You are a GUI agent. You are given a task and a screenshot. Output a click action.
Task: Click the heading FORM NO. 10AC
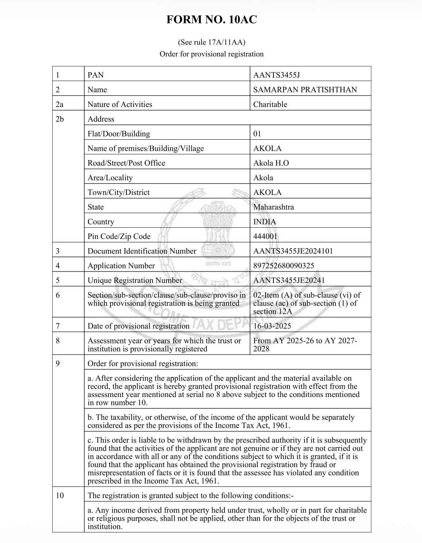tap(211, 20)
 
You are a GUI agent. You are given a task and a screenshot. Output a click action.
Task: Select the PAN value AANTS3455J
tap(276, 75)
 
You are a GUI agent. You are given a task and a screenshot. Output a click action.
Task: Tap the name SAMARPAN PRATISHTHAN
tap(305, 90)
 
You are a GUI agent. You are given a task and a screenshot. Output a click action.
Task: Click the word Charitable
tap(270, 104)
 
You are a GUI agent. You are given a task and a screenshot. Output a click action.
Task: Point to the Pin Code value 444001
tap(265, 236)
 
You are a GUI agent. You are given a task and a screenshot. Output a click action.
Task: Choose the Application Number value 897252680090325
tap(284, 266)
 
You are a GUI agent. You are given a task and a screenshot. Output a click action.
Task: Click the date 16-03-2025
tap(272, 326)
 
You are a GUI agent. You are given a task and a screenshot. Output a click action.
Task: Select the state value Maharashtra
tap(273, 207)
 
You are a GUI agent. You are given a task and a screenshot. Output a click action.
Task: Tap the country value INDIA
tap(265, 222)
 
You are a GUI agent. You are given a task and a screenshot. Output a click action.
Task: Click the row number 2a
tap(60, 104)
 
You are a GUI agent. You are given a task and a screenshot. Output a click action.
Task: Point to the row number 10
tap(60, 496)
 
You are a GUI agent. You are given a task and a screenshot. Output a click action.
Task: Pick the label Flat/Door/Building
tap(119, 134)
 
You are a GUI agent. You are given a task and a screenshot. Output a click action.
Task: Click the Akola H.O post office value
tap(271, 163)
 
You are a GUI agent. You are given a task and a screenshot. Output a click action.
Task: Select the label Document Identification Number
tap(142, 251)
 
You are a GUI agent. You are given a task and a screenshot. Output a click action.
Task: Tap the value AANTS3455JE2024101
tap(293, 251)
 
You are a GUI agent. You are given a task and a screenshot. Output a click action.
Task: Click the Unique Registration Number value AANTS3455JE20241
tap(289, 280)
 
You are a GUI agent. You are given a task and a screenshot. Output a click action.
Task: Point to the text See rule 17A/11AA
tap(211, 42)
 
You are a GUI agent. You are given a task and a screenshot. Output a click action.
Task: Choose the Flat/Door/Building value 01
tap(257, 134)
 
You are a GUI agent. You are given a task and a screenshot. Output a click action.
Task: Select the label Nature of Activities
tap(120, 104)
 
